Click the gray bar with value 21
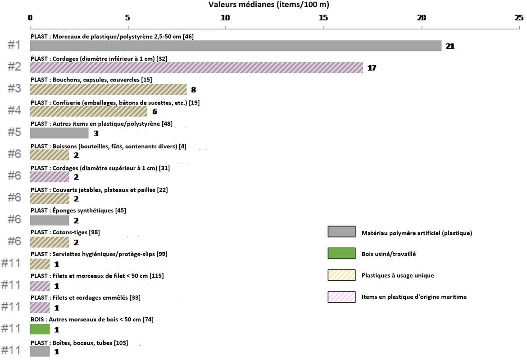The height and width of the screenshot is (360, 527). (x=236, y=46)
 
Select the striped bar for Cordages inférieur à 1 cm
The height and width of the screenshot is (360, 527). (x=196, y=68)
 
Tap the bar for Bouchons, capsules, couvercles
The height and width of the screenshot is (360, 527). (x=108, y=89)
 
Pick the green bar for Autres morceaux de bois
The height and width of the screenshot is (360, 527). (x=40, y=329)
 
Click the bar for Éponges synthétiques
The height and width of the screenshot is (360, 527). (x=50, y=220)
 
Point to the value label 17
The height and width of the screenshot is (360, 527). (x=372, y=68)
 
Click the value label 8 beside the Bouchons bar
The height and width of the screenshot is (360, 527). (x=194, y=90)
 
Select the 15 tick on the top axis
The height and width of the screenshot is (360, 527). (x=323, y=18)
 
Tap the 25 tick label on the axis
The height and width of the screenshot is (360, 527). (x=518, y=18)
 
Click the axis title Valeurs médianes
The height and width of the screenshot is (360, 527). (x=269, y=5)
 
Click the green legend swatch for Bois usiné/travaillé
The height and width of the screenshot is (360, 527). (x=341, y=254)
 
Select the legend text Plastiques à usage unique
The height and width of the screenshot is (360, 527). (x=398, y=275)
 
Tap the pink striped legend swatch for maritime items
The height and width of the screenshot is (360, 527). (x=341, y=297)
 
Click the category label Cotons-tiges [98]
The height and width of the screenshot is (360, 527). (x=65, y=232)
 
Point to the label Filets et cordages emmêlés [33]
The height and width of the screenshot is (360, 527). (x=86, y=298)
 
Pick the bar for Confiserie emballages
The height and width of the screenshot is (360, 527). (x=88, y=111)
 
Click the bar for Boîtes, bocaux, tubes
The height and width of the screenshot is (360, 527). (x=40, y=351)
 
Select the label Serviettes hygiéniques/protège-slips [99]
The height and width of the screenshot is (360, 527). (x=99, y=254)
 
